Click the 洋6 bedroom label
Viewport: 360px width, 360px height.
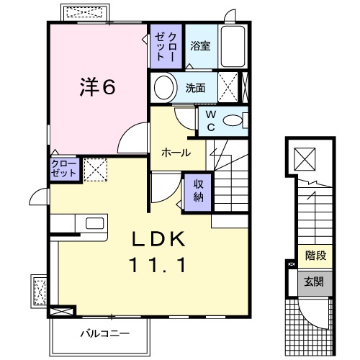click(x=96, y=87)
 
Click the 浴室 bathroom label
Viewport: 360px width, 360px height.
click(x=200, y=46)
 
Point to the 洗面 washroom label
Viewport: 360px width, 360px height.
click(x=195, y=89)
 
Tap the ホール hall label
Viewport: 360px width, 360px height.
click(x=176, y=153)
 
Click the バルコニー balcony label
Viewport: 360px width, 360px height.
click(x=105, y=334)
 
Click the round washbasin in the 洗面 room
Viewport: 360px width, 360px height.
click(x=164, y=89)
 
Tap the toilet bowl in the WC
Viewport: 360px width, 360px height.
click(x=233, y=121)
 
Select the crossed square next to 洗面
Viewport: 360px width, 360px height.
click(x=230, y=89)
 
